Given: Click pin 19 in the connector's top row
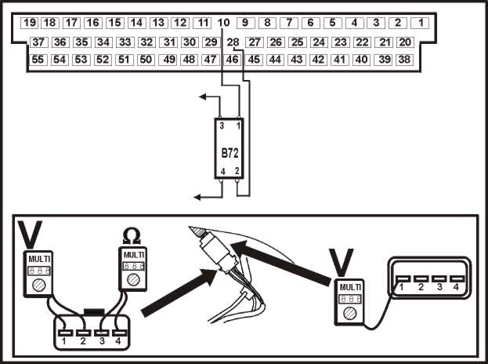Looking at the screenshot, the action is pyautogui.click(x=29, y=23).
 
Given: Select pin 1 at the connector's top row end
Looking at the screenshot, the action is pyautogui.click(x=421, y=23).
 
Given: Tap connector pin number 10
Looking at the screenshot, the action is pyautogui.click(x=223, y=23).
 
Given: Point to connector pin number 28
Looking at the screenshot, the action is pyautogui.click(x=233, y=42).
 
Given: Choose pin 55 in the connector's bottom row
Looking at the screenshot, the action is pyautogui.click(x=38, y=60).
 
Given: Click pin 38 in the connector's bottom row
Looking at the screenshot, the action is pyautogui.click(x=404, y=60).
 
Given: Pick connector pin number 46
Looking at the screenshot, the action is pyautogui.click(x=232, y=60).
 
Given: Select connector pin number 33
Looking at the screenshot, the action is pyautogui.click(x=125, y=42).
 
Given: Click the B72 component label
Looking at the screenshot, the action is pyautogui.click(x=230, y=153).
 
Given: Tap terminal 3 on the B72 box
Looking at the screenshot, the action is pyautogui.click(x=222, y=126).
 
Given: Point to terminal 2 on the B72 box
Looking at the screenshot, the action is pyautogui.click(x=237, y=171).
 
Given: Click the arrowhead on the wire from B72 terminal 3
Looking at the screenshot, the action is pyautogui.click(x=202, y=96).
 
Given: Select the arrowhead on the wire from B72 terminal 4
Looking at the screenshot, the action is pyautogui.click(x=197, y=197).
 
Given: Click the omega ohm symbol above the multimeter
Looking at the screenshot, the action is pyautogui.click(x=132, y=236).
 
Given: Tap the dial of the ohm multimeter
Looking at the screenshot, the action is pyautogui.click(x=133, y=279).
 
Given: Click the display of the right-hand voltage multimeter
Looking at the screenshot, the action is pyautogui.click(x=350, y=299).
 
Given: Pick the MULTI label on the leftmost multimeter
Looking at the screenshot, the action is pyautogui.click(x=39, y=259).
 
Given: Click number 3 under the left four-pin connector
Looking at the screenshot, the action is pyautogui.click(x=102, y=341).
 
